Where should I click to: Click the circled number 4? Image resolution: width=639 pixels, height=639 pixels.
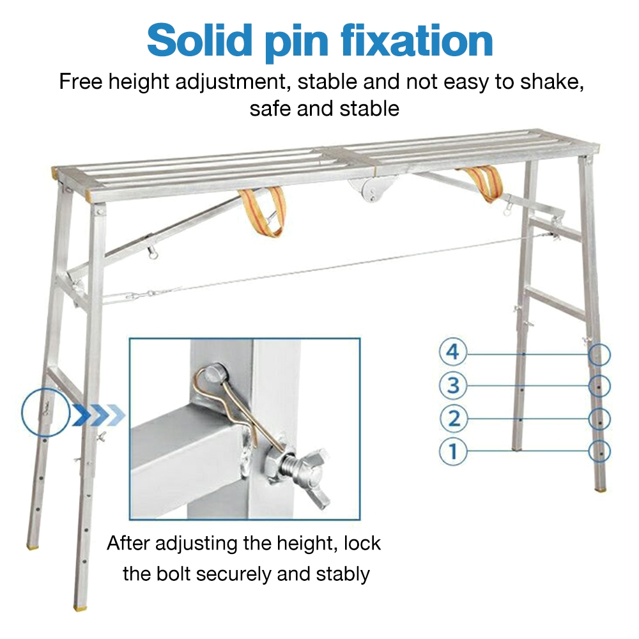pyautogui.click(x=453, y=352)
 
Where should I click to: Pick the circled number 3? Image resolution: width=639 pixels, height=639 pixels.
pyautogui.click(x=453, y=385)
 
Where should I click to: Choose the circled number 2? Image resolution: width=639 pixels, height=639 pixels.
pyautogui.click(x=453, y=419)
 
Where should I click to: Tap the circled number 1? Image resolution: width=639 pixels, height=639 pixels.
pyautogui.click(x=453, y=452)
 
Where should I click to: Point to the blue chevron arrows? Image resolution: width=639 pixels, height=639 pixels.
pyautogui.click(x=98, y=415)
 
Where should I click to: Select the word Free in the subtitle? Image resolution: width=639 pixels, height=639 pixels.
pyautogui.click(x=82, y=82)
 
